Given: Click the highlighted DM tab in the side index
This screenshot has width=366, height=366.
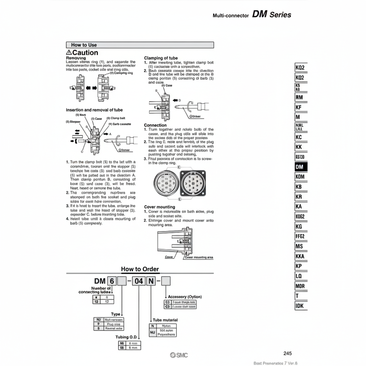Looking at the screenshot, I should point(301,167).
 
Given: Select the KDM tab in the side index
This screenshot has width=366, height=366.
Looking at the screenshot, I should point(301,177).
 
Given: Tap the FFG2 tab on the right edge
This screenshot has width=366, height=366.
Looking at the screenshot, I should point(301,236).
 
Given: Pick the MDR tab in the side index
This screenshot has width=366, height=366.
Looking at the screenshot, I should point(301,286).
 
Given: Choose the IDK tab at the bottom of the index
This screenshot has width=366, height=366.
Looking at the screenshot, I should point(301,305).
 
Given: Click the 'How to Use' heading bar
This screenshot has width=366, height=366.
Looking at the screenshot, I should point(140,45).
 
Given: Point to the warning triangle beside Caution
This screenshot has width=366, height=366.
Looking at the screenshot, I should point(69,52).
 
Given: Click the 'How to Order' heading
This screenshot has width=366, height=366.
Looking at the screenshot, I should point(140,269).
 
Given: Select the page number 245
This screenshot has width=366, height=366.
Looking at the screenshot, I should point(288,353).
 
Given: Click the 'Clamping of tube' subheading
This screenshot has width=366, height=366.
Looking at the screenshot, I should point(161,58).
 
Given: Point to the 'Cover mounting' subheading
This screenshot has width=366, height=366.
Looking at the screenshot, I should point(159,207).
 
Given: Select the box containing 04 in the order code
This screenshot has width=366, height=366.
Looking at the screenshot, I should point(139,281).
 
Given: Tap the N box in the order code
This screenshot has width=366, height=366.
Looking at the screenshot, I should point(151,281).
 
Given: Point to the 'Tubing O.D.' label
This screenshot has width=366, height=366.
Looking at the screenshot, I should point(127,337).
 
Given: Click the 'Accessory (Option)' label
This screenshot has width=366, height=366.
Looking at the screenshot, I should point(185,296).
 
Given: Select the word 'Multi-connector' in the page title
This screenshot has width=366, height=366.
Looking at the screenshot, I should point(230,16).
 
